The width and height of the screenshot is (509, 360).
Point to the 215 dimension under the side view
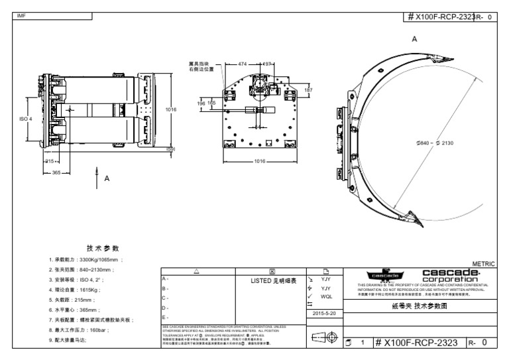48,161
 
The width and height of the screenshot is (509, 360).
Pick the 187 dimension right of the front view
308,90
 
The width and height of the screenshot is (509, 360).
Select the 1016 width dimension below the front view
259,160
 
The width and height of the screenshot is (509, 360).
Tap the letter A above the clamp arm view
414,40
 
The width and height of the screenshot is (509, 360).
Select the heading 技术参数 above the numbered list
93,247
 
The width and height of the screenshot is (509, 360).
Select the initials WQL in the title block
326,296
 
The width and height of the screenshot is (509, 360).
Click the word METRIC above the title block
483,264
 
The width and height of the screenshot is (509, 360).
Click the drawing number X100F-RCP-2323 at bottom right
415,343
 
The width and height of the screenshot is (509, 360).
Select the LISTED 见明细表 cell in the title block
272,280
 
